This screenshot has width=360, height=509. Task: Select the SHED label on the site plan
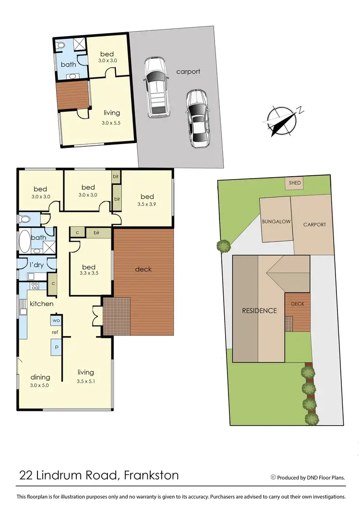click(295, 183)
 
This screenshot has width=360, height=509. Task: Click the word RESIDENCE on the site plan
click(259, 310)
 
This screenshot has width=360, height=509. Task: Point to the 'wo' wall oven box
click(56, 320)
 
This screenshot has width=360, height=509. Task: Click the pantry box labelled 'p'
click(56, 346)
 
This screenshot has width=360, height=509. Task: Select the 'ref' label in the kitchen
click(56, 332)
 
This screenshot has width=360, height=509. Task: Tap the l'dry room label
click(37, 265)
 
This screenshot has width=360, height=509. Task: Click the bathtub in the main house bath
click(24, 242)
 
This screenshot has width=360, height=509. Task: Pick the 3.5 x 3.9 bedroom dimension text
click(147, 204)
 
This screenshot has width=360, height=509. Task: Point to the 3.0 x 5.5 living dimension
click(112, 123)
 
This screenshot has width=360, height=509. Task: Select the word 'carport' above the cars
click(188, 72)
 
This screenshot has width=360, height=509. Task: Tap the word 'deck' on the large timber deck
click(143, 269)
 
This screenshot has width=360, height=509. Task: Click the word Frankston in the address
click(151, 476)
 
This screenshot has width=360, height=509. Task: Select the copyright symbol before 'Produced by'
click(273, 477)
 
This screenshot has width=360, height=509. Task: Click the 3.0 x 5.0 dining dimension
click(40, 385)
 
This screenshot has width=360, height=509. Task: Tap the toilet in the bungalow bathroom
click(60, 46)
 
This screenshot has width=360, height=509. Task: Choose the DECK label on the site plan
click(298, 304)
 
